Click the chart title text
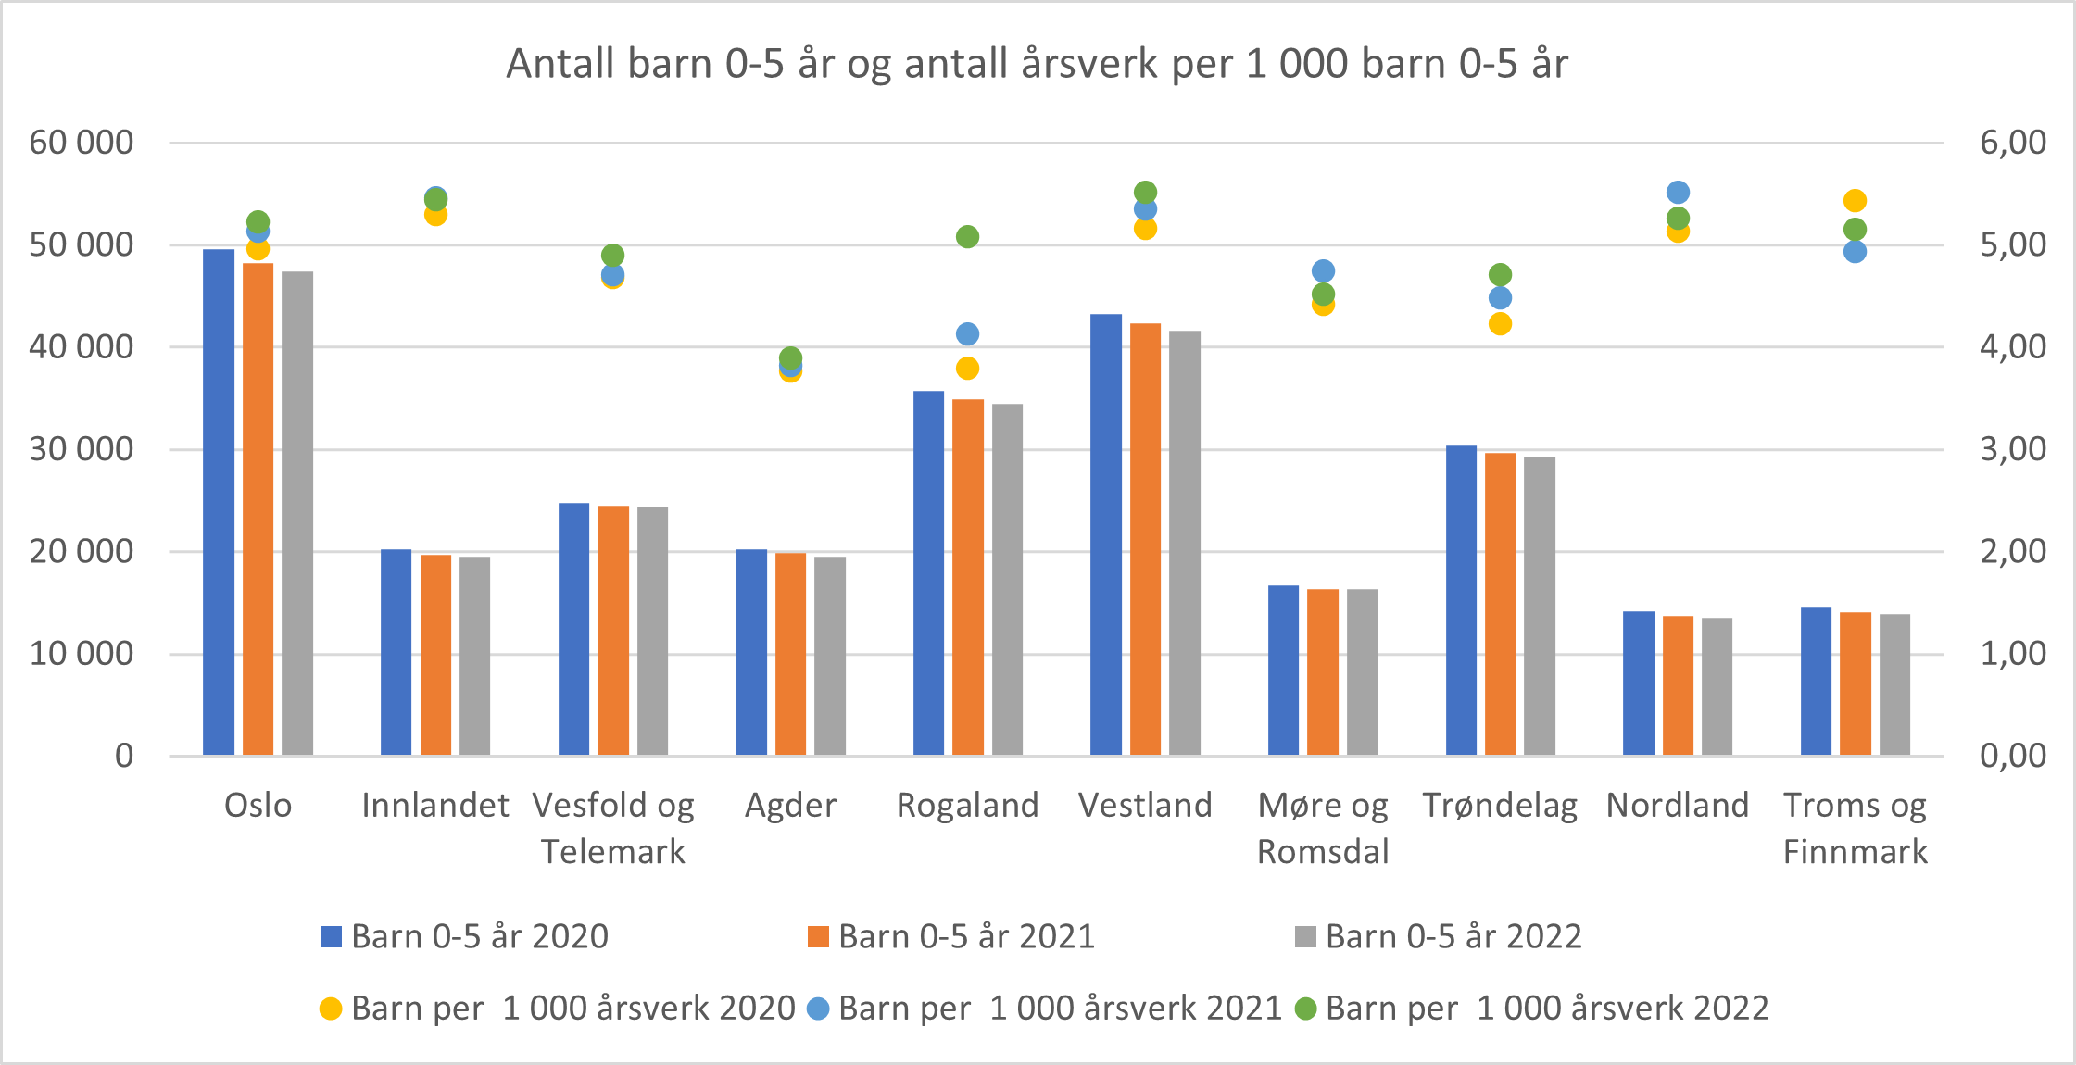click(x=1037, y=64)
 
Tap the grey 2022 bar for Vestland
click(x=1184, y=543)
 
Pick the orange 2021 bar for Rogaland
click(x=967, y=577)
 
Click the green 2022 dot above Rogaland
click(x=967, y=237)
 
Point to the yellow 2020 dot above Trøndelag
click(x=1500, y=324)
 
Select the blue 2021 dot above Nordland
click(x=1678, y=193)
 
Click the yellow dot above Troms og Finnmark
click(x=1855, y=201)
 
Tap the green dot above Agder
click(x=790, y=357)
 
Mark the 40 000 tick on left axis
click(x=82, y=347)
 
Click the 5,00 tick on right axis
click(x=2012, y=245)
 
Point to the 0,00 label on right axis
click(x=2012, y=756)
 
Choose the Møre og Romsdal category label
click(x=1323, y=828)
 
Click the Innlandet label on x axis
click(x=435, y=806)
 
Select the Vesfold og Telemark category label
click(x=613, y=828)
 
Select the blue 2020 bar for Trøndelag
click(x=1461, y=600)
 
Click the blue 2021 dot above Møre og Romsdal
click(x=1323, y=271)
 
